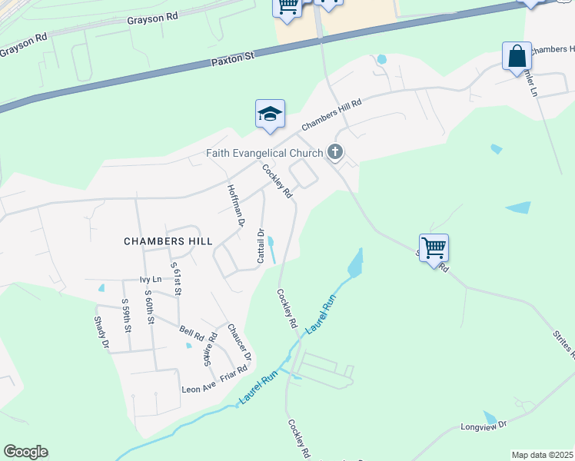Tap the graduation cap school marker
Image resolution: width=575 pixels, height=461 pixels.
[270, 114]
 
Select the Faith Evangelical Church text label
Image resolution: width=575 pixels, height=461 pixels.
[264, 152]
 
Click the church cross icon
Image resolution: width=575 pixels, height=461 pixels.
[334, 152]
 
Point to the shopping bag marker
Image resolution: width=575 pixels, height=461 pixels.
[517, 57]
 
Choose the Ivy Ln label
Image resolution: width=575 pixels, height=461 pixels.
[151, 280]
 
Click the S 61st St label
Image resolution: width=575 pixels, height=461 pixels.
[175, 278]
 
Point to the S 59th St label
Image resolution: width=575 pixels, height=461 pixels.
[127, 317]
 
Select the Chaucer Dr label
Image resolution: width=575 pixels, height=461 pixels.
[239, 342]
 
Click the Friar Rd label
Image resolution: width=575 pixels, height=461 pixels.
[233, 373]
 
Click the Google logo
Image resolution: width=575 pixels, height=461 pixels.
[25, 452]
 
